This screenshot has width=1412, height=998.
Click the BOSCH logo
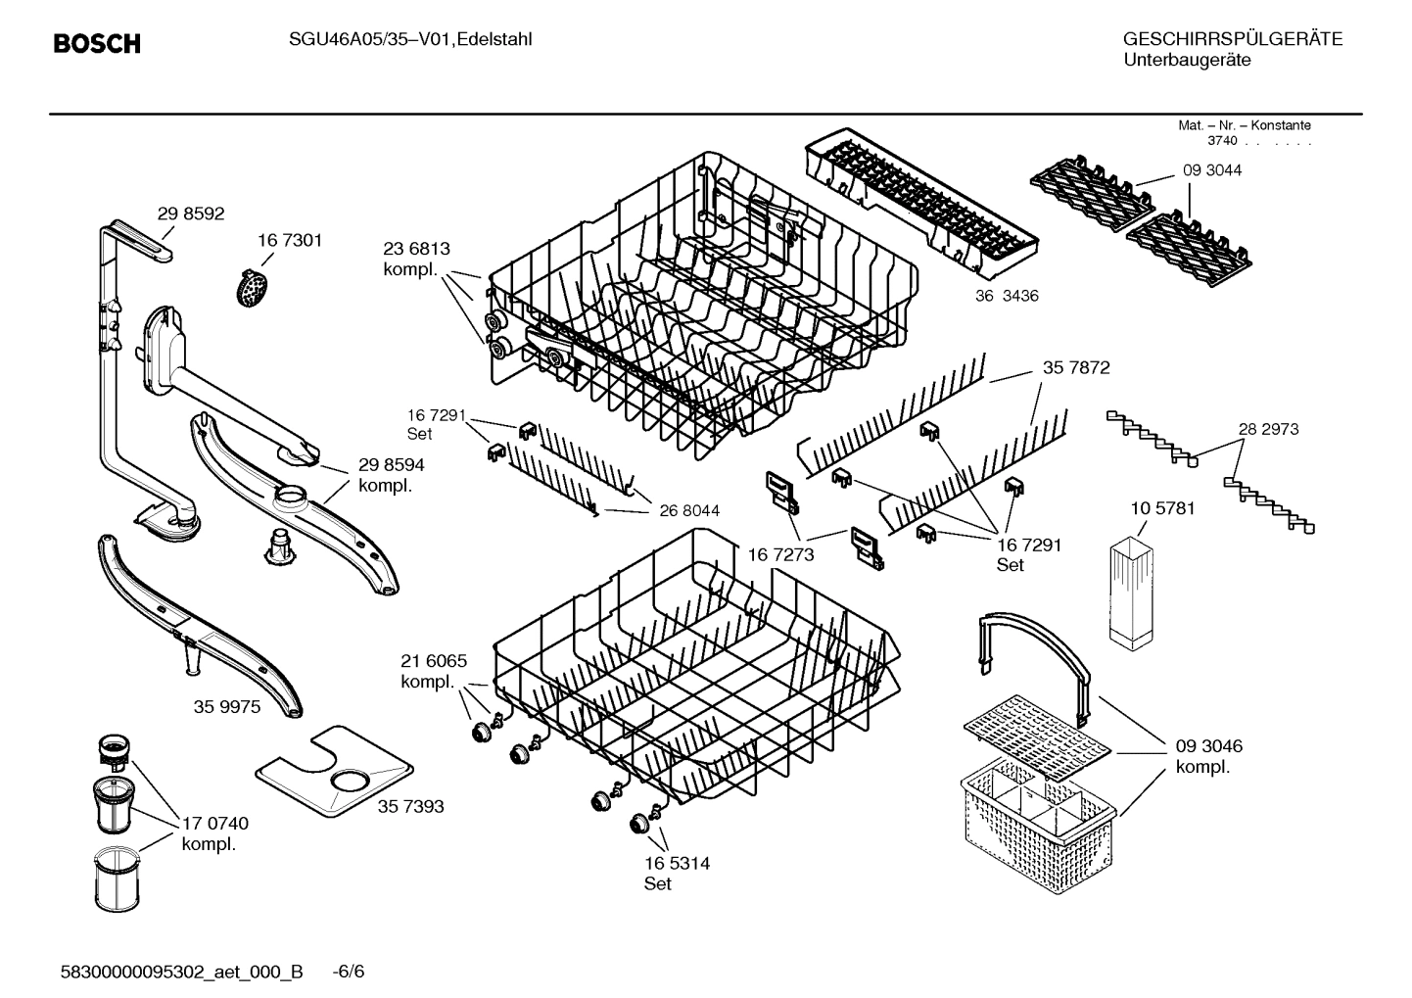coord(96,44)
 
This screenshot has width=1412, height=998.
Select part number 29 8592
coord(191,214)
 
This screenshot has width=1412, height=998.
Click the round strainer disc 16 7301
coord(253,287)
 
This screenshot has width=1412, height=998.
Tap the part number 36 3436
coord(1006,296)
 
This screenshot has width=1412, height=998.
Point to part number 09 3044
coord(1211,170)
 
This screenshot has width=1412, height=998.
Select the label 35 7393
coord(410,806)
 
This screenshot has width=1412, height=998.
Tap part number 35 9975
coord(227,706)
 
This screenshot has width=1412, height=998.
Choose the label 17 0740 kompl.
coord(214,833)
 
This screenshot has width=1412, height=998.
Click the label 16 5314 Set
coord(677,873)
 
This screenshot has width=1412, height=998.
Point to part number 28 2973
coord(1268,429)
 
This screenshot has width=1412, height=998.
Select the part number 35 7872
coord(1075,367)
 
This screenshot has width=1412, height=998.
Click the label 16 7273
coord(780,555)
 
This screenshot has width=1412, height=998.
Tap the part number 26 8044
coord(688,510)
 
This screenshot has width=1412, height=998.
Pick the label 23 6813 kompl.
coord(416,260)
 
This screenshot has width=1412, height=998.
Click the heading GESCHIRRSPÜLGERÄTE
coord(1232,39)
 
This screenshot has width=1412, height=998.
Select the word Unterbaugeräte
coord(1186,60)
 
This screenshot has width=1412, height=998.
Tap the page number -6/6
coord(348,972)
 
